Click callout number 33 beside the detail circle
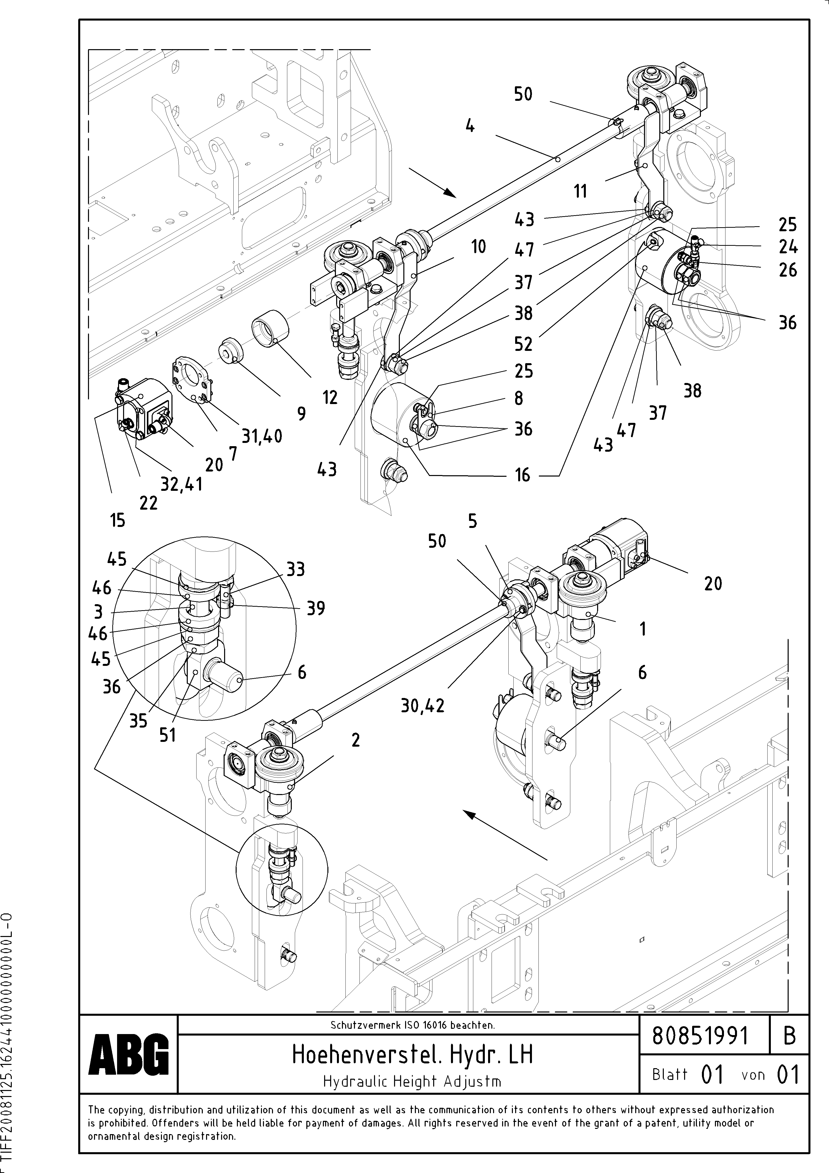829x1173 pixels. point(295,569)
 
